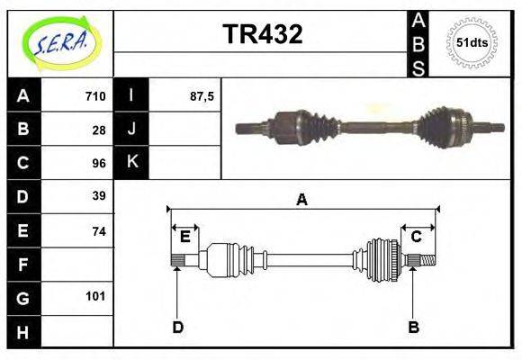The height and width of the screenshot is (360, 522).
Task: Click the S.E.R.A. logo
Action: [60, 41]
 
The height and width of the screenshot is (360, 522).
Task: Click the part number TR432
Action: [262, 34]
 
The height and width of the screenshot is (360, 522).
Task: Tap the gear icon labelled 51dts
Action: [471, 41]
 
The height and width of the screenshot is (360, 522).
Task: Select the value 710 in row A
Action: [95, 96]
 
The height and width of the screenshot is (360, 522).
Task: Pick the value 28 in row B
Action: [99, 130]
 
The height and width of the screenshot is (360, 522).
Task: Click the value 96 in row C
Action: [99, 164]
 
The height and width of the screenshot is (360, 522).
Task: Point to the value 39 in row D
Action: [99, 196]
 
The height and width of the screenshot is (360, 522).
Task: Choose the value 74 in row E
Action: [99, 231]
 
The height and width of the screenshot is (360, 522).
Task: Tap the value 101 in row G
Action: [95, 296]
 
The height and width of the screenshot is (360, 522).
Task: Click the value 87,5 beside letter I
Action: [202, 96]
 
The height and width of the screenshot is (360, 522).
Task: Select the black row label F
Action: [23, 265]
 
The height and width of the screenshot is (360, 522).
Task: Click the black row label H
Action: [23, 333]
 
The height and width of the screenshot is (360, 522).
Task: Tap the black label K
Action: [131, 163]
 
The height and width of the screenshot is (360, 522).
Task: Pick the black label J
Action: [131, 130]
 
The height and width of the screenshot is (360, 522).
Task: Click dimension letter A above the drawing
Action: [302, 200]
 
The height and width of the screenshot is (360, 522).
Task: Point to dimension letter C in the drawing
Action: [416, 237]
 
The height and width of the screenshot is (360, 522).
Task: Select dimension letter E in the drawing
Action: [184, 237]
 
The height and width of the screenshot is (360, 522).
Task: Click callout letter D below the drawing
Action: [177, 327]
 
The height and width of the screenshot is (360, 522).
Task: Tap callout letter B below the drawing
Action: [413, 327]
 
